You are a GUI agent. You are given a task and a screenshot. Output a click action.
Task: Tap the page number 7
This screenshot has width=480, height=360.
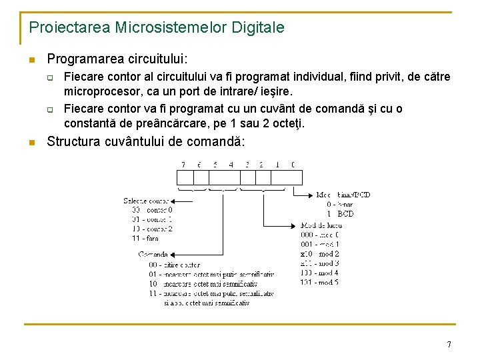(449, 345)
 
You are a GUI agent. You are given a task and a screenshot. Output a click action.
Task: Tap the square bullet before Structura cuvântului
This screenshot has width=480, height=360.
(31, 142)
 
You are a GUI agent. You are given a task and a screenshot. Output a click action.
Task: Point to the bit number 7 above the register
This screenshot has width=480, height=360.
(183, 164)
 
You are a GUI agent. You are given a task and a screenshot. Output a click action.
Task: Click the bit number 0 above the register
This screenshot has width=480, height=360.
(293, 164)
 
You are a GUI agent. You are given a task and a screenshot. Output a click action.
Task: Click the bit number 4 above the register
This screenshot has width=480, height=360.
(231, 164)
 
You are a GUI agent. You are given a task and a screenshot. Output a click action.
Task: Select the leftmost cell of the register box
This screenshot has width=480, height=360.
(185, 177)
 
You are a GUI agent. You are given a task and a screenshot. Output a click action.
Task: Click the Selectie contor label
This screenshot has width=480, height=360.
(146, 200)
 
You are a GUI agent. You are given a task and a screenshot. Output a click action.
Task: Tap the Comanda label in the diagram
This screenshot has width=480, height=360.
(153, 254)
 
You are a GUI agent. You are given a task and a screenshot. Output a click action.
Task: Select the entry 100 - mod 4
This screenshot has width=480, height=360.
(319, 273)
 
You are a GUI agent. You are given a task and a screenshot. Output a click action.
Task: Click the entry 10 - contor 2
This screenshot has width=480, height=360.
(153, 228)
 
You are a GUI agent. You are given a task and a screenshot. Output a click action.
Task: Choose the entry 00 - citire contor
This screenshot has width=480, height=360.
(175, 264)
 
